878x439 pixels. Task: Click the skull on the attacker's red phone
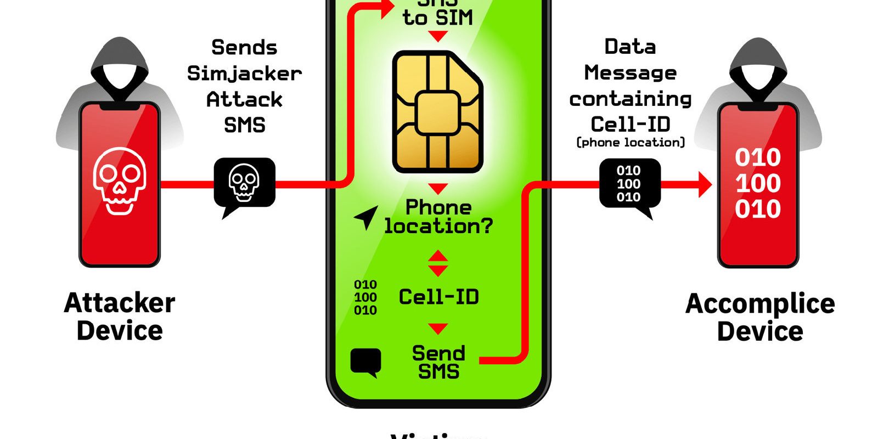pos(120,181)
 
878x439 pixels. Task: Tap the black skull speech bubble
pos(244,183)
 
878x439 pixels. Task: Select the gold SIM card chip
pos(437,112)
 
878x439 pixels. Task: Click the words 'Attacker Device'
pos(120,317)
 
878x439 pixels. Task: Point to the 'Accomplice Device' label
pos(760,317)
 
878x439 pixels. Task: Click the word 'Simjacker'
pos(244,74)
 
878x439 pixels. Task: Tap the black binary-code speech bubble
pos(629,184)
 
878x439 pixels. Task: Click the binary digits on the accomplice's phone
pos(758,183)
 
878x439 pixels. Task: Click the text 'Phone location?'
pos(438,217)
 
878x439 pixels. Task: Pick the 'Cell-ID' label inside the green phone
pos(438,297)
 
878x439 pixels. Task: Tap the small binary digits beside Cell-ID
pos(365,297)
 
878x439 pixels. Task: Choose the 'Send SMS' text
pos(438,362)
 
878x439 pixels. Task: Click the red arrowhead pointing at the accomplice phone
pos(704,184)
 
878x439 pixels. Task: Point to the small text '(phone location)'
pos(631,143)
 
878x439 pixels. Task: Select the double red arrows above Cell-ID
pos(437,263)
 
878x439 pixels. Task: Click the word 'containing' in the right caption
pos(631,99)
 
